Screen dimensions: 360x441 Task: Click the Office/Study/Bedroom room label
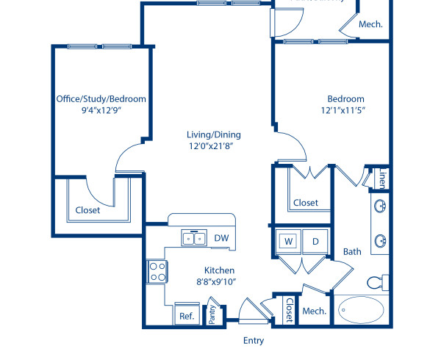click(101, 99)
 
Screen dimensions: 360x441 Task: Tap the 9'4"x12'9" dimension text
click(101, 112)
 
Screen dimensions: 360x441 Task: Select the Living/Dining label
click(213, 134)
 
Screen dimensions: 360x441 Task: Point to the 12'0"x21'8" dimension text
click(213, 147)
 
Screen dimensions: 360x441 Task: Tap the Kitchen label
click(220, 270)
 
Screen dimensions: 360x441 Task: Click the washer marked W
click(288, 241)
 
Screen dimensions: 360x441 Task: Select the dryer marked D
click(315, 241)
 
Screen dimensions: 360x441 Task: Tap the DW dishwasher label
click(221, 238)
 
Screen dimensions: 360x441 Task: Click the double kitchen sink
click(194, 238)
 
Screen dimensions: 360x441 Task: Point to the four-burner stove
click(157, 273)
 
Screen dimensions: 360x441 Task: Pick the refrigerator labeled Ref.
click(186, 316)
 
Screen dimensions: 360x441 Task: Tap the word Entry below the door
click(253, 341)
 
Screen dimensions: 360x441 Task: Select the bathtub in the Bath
click(362, 309)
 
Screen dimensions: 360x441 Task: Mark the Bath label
click(352, 252)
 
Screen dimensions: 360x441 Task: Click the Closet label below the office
click(88, 210)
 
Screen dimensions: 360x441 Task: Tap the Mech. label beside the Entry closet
click(314, 311)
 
